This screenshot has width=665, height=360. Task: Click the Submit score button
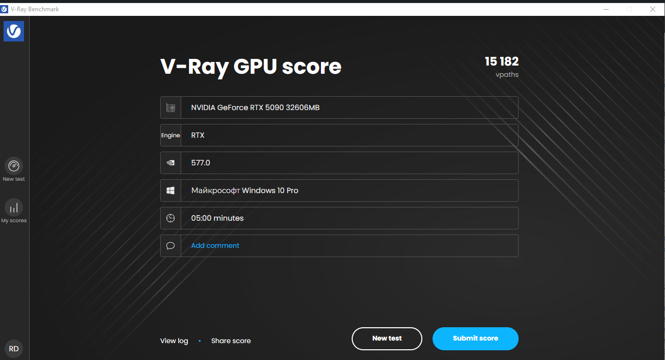point(475,338)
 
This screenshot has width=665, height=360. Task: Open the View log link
point(174,341)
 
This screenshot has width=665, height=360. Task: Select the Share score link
point(231,341)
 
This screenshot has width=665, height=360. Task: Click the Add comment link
point(215,246)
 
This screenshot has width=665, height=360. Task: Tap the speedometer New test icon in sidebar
point(14,166)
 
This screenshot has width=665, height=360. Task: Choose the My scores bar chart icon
point(14,207)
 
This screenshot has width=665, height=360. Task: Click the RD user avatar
point(14,349)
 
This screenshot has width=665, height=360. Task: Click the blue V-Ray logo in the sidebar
point(14,31)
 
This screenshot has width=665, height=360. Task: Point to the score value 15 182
point(502,61)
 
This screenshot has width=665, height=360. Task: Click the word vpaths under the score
point(507,75)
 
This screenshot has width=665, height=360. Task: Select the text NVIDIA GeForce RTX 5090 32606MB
point(255,108)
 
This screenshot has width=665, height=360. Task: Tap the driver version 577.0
point(201,163)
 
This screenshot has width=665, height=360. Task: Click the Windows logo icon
point(170,190)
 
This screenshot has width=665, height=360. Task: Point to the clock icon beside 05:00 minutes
point(170,218)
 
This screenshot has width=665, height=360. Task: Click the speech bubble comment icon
point(170,246)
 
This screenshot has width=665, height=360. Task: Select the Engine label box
point(170,135)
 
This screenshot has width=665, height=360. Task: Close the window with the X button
point(653,9)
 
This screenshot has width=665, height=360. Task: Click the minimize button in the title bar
point(606,9)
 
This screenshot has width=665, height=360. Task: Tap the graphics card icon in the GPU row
point(170,108)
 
